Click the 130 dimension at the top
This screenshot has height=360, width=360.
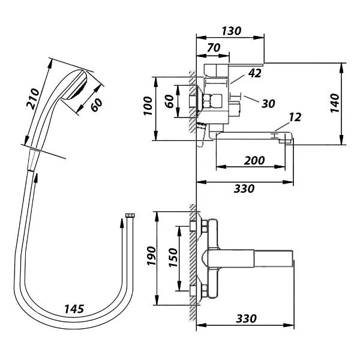pos(232,31)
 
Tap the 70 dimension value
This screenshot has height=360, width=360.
pos(214,48)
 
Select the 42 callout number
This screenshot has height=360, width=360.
pos(255,73)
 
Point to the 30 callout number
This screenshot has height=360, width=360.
pos(268,104)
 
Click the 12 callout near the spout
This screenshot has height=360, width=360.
pos(295,118)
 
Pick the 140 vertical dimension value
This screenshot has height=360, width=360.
pos(335,103)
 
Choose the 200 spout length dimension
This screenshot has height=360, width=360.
pos(254,160)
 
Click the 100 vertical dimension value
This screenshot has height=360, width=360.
pos(148,106)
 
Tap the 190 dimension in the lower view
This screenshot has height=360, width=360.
pos(151,256)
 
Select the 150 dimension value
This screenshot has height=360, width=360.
pos(173,257)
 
